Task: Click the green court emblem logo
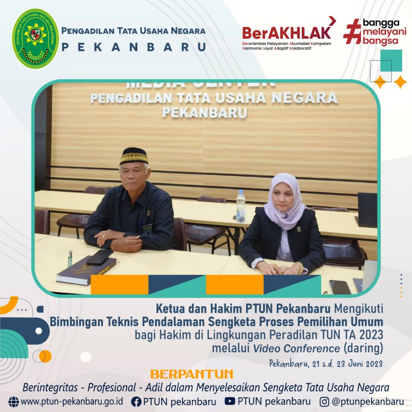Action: [35, 38]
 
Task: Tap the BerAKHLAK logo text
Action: [286, 33]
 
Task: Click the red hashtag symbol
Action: [352, 31]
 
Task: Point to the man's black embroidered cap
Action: [134, 156]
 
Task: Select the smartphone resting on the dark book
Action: [100, 257]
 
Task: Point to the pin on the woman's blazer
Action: [299, 229]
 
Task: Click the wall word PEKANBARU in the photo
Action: [205, 113]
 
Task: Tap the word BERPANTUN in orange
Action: [192, 374]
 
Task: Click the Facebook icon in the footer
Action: [136, 402]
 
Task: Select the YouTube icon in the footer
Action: [230, 401]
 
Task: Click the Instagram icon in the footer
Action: [324, 402]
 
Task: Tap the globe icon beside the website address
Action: [14, 402]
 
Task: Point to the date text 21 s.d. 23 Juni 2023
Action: [347, 364]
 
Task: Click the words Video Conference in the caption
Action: [297, 348]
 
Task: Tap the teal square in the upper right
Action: [391, 61]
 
